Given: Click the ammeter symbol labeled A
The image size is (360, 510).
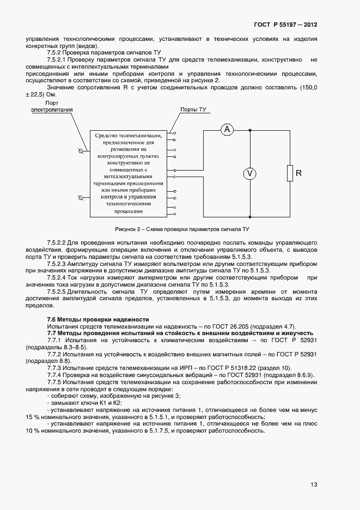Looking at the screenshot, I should point(228,130).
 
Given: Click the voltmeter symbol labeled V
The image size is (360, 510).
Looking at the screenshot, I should point(249,173).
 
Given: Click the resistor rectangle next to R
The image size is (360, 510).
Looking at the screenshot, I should point(290,173).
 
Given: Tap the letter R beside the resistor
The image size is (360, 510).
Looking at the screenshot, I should point(298,173).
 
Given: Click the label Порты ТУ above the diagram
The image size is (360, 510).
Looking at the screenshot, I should point(193,110).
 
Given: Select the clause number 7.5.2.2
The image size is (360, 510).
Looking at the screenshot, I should point(57,241).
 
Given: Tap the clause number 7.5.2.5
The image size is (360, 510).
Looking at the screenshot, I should point(57,292).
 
